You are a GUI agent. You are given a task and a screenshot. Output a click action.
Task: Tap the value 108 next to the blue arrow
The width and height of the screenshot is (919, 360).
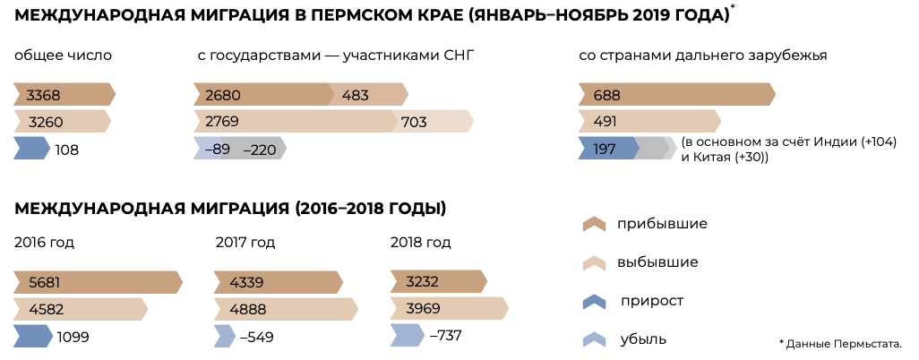click(67, 150)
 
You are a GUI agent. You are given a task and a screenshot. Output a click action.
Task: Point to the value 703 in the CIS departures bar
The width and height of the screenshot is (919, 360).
click(414, 122)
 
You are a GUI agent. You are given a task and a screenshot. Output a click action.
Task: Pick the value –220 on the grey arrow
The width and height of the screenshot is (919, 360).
click(259, 150)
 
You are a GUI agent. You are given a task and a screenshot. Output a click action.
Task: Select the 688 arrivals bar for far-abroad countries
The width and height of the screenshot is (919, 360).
click(676, 95)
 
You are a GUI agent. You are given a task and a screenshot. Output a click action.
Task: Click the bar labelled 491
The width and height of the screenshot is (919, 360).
click(649, 122)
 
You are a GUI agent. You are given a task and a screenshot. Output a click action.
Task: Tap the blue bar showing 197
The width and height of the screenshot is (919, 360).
click(607, 149)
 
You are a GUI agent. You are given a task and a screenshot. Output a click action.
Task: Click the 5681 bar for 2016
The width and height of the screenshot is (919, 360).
click(98, 283)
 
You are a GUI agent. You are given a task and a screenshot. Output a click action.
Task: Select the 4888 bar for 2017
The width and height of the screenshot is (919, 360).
click(285, 310)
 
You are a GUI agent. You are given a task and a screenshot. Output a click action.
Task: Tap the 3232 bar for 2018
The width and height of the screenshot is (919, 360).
click(438, 283)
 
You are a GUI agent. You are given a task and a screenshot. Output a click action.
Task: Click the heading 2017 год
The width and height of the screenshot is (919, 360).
click(245, 243)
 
